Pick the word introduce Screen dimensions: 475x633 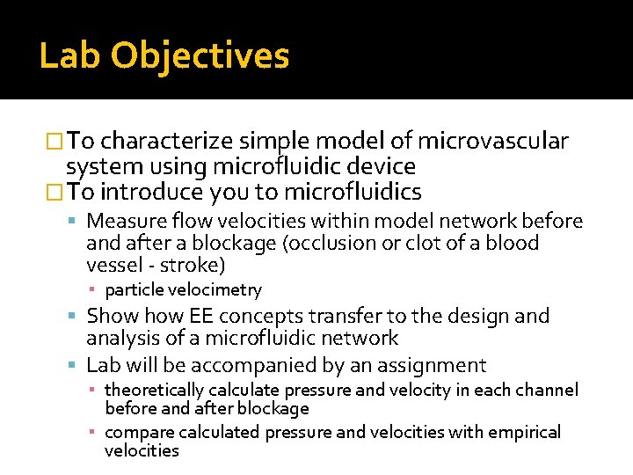pos(154,192)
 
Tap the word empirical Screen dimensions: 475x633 pos(524,432)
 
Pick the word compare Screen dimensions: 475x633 pos(140,432)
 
